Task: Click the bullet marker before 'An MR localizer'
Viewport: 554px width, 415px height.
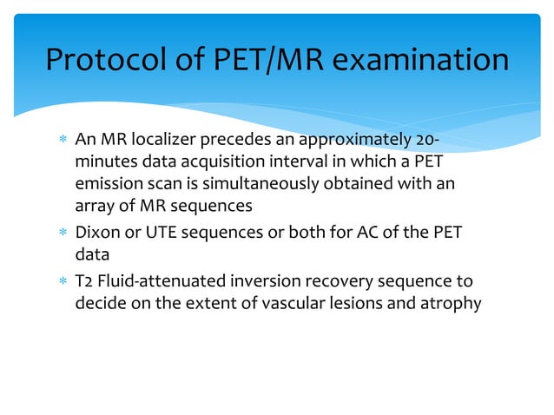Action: point(60,142)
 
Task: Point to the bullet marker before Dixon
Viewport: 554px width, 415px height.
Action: point(60,234)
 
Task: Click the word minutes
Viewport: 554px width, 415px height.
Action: point(103,164)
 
